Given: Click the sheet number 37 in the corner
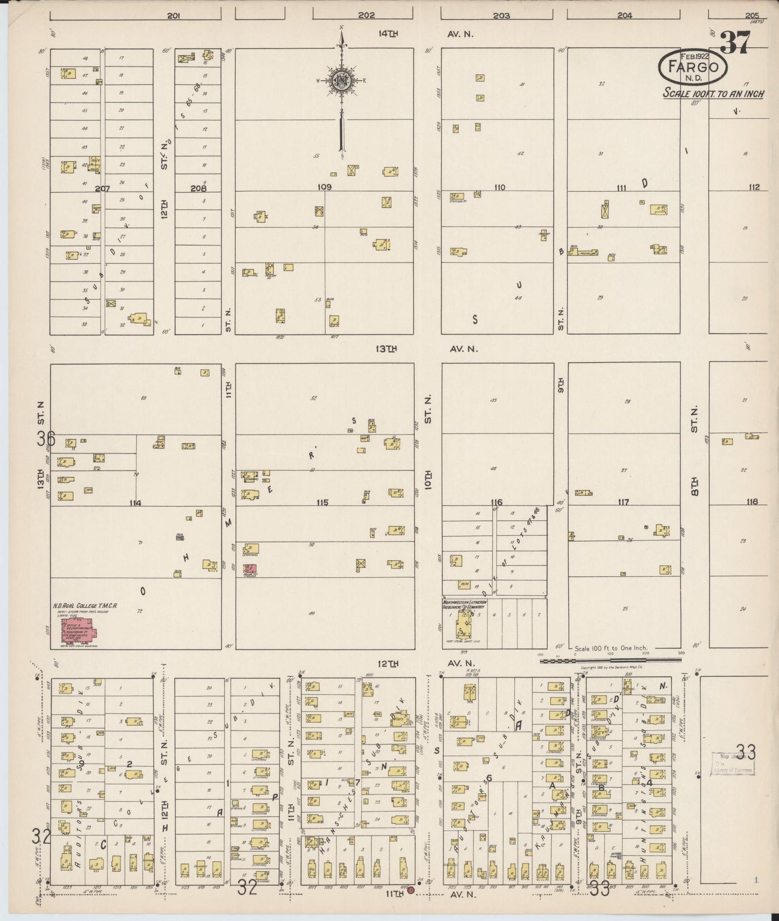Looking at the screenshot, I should tap(735, 43).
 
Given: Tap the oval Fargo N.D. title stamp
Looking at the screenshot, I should tap(693, 67).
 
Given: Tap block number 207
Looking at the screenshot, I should tap(102, 189).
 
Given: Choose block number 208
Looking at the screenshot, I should tap(198, 189).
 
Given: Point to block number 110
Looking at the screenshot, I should tap(499, 187).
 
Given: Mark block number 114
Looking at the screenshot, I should tap(135, 503).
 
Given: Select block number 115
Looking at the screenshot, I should tap(322, 503).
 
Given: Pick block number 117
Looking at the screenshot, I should tap(623, 503).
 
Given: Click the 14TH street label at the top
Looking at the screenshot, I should tap(388, 34).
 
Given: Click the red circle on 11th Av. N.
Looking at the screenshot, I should tap(411, 890).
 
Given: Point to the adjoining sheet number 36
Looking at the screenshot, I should tap(46, 438).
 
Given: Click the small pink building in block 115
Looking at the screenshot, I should tap(251, 568).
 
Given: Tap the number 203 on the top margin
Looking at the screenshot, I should tap(501, 16).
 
